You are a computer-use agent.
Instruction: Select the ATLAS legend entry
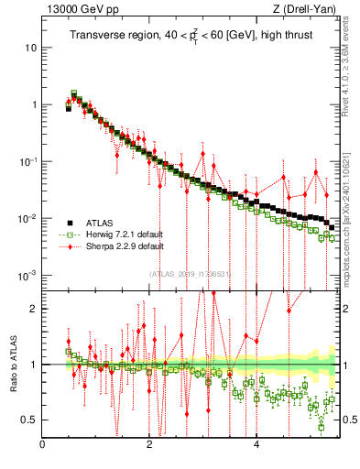(x=102, y=223)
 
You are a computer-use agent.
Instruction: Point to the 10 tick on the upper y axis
(x=30, y=47)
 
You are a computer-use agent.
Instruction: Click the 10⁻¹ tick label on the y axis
(x=27, y=161)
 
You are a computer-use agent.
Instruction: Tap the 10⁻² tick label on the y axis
(x=27, y=218)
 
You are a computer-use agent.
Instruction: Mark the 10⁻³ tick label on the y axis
(x=27, y=276)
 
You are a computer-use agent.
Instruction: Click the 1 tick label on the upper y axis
(x=33, y=104)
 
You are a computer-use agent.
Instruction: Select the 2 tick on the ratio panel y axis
(x=33, y=309)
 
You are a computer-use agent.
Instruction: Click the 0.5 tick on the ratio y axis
(x=28, y=420)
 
